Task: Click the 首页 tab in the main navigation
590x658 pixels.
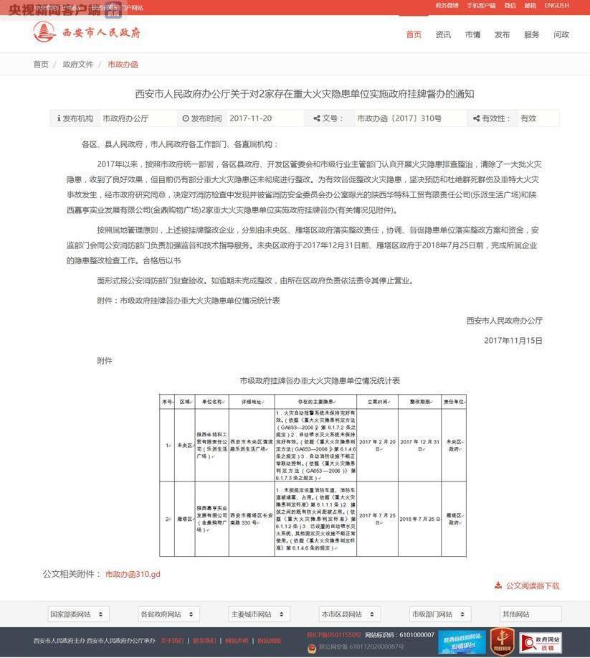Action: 414,34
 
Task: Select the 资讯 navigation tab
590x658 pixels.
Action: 443,34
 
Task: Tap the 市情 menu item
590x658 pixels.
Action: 472,34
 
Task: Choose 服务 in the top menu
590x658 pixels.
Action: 531,34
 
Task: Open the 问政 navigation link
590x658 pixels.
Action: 561,34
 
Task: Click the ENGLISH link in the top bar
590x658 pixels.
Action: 556,6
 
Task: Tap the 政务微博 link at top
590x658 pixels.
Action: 447,6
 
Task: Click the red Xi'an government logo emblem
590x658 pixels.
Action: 44,32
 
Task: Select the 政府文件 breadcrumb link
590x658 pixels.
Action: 78,65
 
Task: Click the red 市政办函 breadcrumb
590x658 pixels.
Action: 123,65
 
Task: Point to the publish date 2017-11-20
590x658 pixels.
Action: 251,118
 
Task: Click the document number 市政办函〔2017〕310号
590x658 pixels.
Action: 399,118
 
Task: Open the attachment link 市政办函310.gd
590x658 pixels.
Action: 133,574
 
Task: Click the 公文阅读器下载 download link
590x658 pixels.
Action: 532,586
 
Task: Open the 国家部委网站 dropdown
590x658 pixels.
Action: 78,614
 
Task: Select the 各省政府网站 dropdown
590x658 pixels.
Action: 168,614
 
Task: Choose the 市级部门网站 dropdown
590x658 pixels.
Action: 439,614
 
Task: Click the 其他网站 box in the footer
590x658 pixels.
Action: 530,614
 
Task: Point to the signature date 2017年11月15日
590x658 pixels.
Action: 513,341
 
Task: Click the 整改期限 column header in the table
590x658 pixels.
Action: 419,402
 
